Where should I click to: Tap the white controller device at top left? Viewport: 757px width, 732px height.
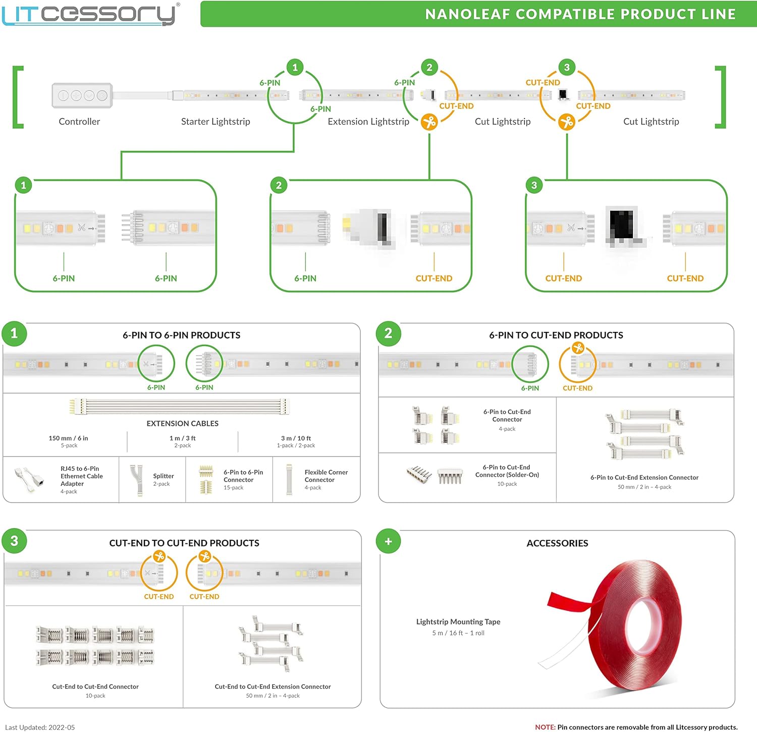[x=82, y=95]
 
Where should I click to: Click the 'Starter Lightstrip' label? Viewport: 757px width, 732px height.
[x=215, y=122]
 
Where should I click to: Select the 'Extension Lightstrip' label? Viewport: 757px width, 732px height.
[x=368, y=122]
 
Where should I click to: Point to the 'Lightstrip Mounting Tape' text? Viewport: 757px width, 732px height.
[x=458, y=622]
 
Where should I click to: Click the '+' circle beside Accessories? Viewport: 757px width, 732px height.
[x=388, y=541]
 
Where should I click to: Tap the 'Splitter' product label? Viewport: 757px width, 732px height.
[x=164, y=476]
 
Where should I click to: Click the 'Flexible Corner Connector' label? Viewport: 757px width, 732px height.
[x=326, y=476]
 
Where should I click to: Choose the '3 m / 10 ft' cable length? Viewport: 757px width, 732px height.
[x=296, y=438]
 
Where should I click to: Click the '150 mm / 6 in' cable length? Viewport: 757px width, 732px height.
[x=68, y=438]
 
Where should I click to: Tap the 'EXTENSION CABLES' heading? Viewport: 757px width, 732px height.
[x=183, y=423]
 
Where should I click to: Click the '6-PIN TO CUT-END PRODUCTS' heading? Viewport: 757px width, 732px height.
[x=556, y=335]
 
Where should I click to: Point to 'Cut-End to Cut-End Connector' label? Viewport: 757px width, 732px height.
[x=95, y=687]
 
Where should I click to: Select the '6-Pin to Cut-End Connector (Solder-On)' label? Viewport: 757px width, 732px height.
[x=507, y=471]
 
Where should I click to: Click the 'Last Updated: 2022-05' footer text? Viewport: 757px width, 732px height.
[x=40, y=727]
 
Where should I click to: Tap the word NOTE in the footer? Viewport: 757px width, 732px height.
[x=545, y=727]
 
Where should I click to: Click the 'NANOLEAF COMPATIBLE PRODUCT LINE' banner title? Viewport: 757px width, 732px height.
[x=580, y=14]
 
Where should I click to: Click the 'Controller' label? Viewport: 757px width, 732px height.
[x=79, y=122]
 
